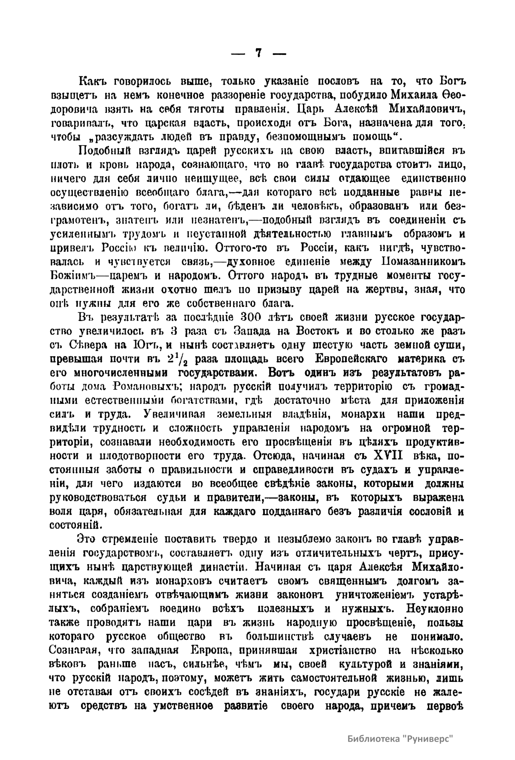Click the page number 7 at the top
tap(258, 53)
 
